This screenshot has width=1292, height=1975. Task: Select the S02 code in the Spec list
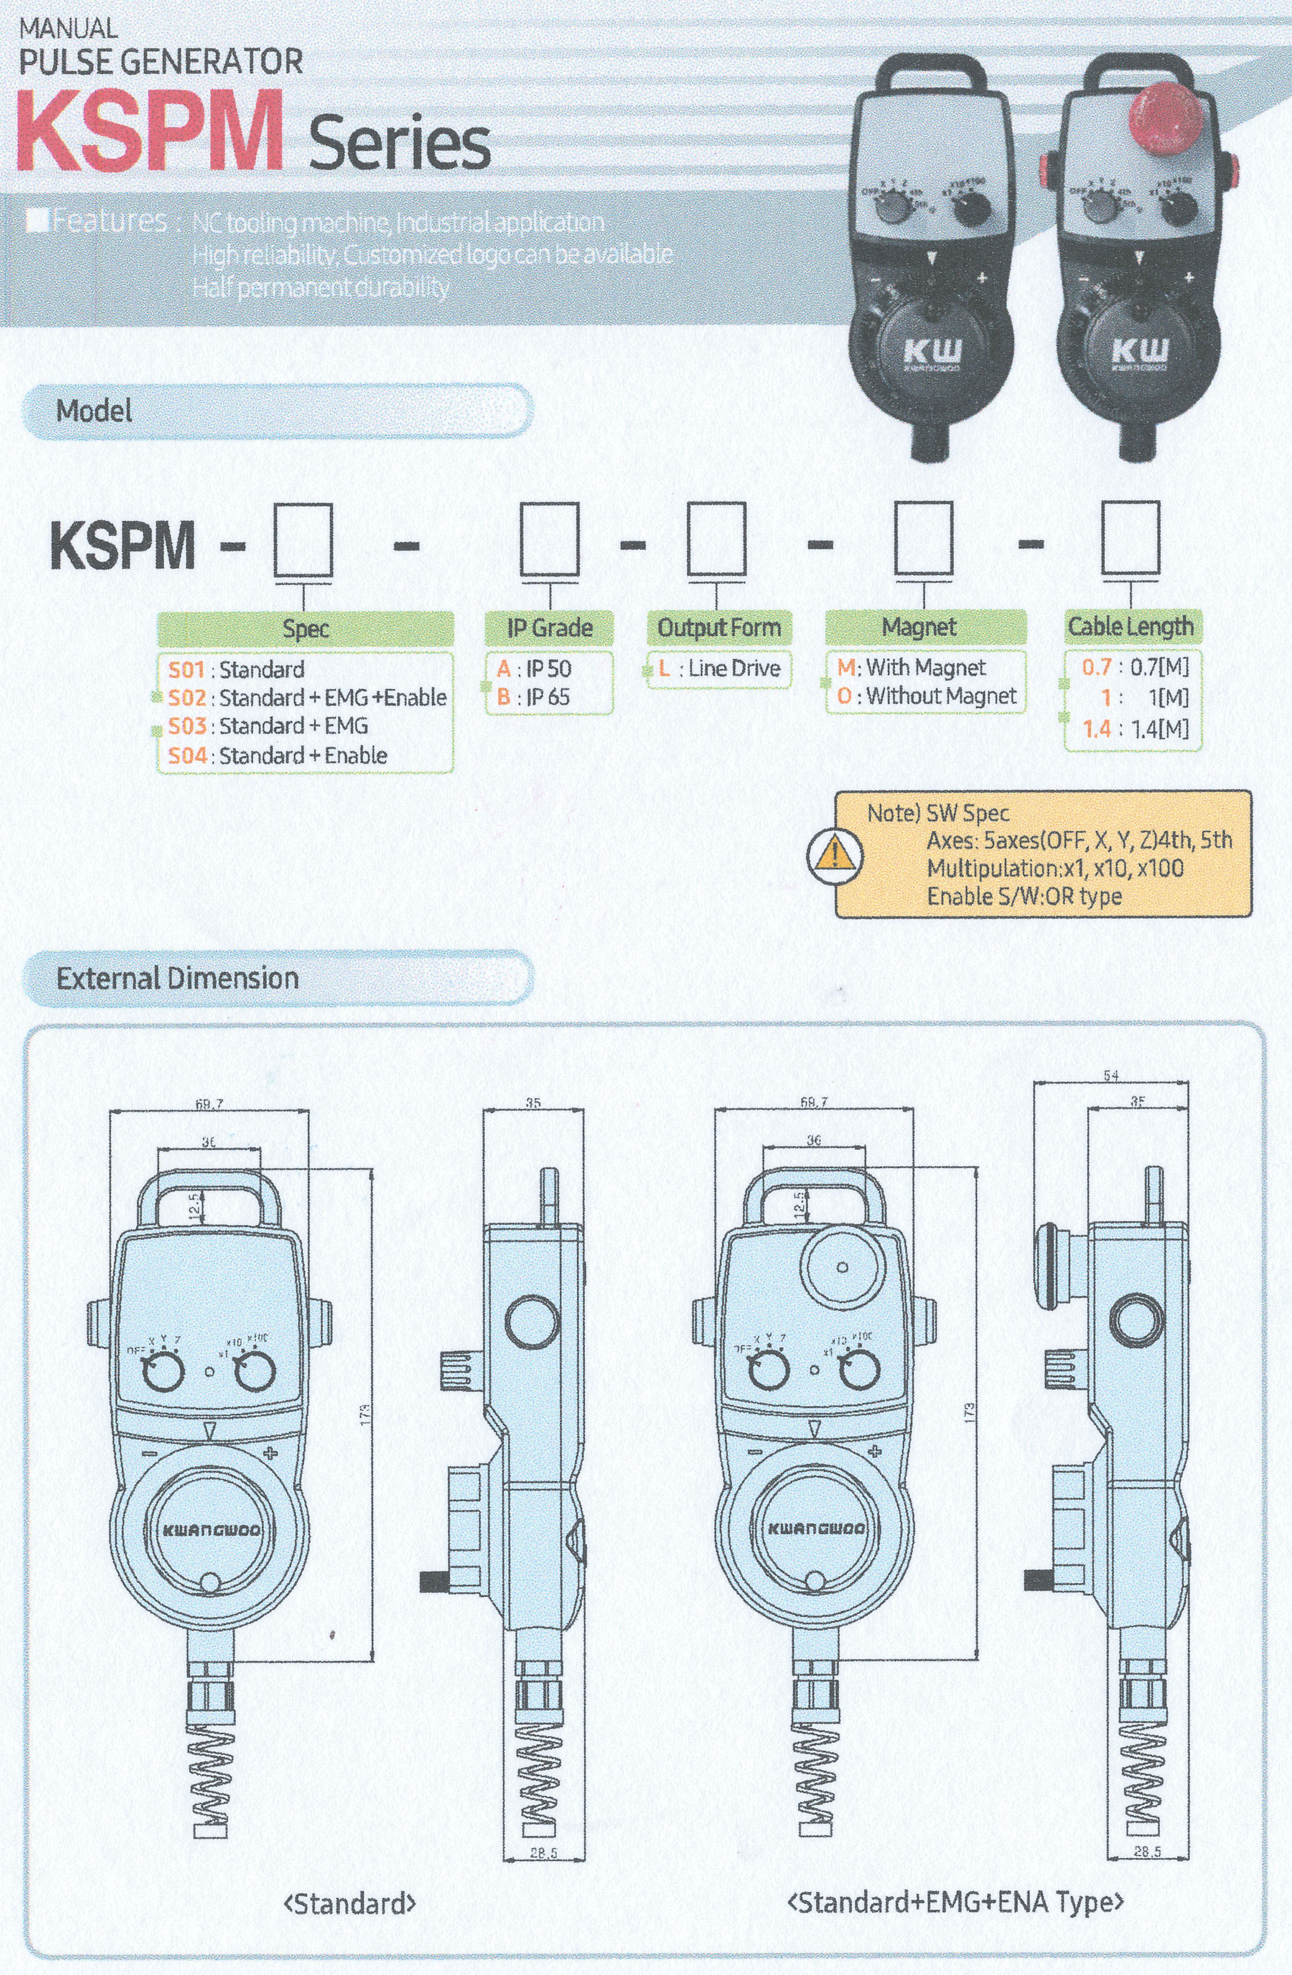click(187, 698)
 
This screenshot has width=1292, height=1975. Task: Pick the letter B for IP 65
click(504, 697)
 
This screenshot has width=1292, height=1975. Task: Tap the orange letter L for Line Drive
click(664, 668)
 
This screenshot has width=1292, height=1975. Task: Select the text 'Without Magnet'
click(941, 696)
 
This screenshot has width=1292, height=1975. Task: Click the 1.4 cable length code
click(1096, 730)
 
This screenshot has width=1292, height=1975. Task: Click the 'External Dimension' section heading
click(178, 978)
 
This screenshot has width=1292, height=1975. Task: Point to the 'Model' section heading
click(94, 411)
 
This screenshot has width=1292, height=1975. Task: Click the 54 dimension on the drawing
click(1111, 1076)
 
